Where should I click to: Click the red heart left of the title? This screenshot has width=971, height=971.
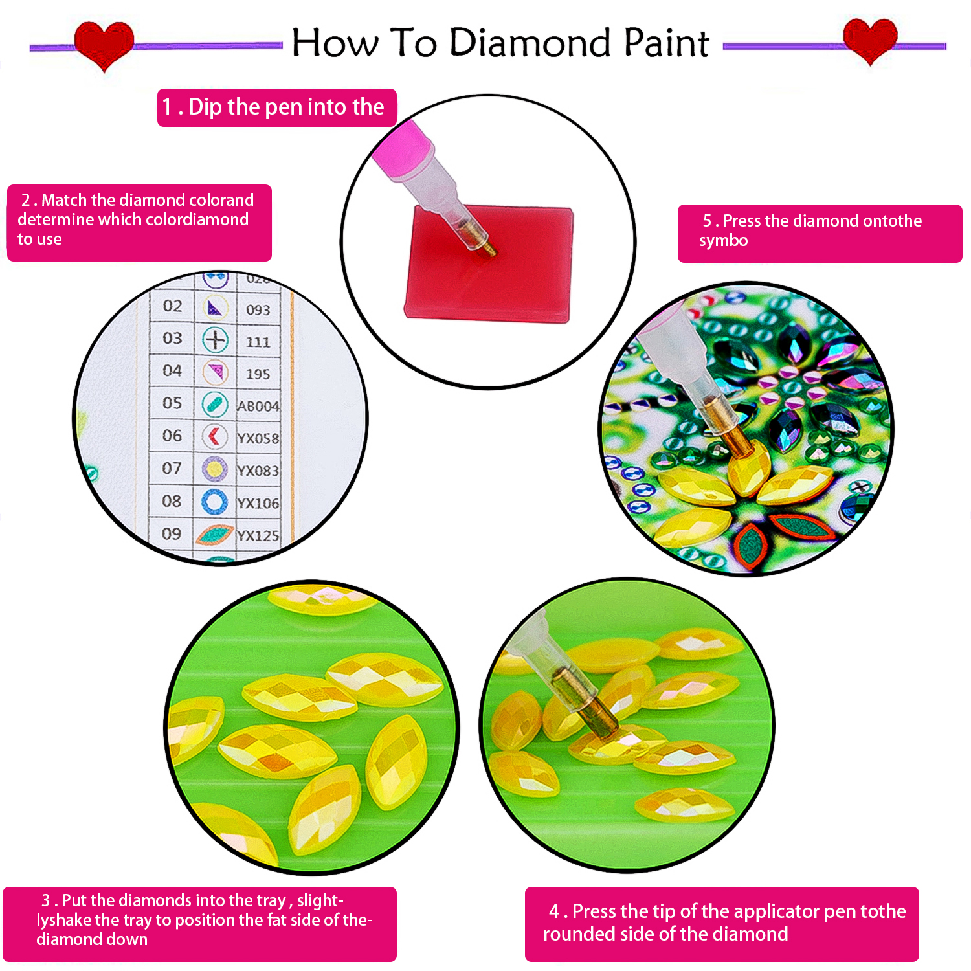[104, 44]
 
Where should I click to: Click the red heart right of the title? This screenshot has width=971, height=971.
[870, 40]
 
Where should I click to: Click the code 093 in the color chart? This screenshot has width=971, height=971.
[258, 310]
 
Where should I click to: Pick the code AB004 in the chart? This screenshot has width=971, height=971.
[258, 406]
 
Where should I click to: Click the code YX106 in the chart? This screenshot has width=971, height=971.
[258, 503]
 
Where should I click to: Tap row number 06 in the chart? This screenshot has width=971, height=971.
[172, 436]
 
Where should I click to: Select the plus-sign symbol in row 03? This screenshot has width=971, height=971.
[215, 339]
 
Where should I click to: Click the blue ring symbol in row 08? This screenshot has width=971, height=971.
[214, 502]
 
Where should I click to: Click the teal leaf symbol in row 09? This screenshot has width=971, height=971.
[214, 535]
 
